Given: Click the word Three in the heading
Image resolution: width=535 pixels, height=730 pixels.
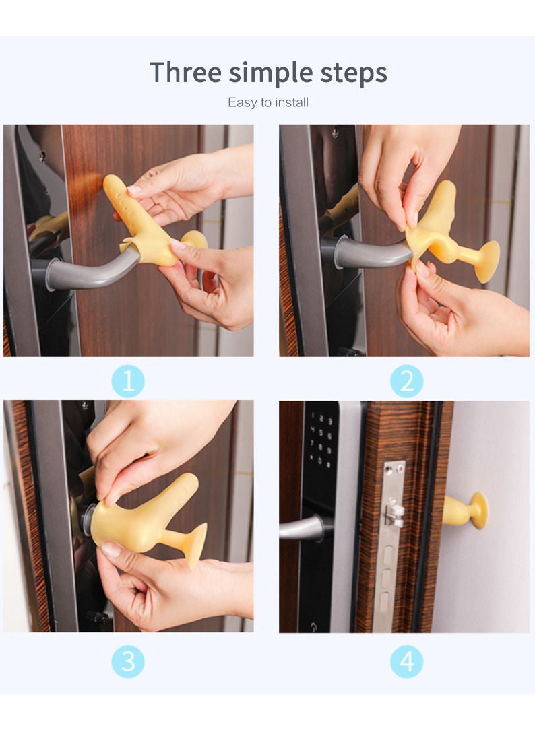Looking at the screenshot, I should point(185,72).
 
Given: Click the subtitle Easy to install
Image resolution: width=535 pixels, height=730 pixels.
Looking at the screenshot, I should point(267,102).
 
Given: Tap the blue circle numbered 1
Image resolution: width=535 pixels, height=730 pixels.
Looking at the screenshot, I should point(128,382).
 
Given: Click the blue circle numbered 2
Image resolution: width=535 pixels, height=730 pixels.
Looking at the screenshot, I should point(406,382).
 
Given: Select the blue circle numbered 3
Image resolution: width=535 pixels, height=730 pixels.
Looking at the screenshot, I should point(128,662).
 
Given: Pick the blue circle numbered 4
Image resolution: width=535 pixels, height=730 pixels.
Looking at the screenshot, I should point(406,662).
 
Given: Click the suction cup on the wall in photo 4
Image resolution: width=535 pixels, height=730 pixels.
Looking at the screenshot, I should point(478,510).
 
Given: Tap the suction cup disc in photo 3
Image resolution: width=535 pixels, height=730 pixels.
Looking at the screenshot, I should point(196,544).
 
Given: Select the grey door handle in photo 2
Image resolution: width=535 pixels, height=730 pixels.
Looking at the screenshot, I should point(367,254).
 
